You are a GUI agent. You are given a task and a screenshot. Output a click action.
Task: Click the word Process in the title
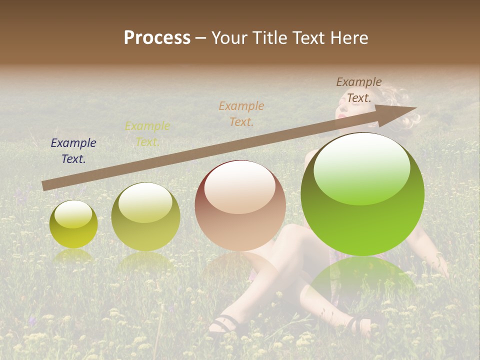coord(157,38)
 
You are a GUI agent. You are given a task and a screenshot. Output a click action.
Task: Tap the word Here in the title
coord(349,38)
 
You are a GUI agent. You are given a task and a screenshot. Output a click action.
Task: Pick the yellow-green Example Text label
coord(147,134)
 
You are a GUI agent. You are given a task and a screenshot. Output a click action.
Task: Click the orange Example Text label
coord(241,113)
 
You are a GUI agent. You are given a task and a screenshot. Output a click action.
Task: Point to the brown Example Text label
coord(358,90)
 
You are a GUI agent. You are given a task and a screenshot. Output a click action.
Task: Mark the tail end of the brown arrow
coord(44,185)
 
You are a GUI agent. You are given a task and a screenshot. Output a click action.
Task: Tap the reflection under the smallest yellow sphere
coord(73,256)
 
